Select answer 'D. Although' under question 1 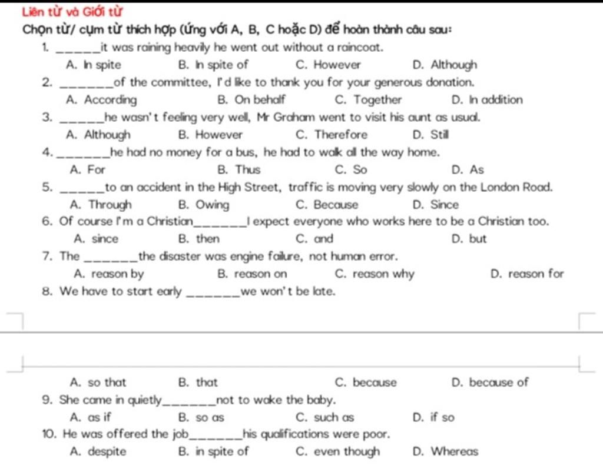point(445,65)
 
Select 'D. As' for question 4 point(468,170)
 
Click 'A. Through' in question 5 point(100,205)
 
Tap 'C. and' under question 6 point(315,239)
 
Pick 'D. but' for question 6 point(469,239)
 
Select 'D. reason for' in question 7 point(527,274)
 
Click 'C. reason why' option point(375,274)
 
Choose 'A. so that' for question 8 point(98,382)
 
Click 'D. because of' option point(490,382)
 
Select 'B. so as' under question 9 point(201,418)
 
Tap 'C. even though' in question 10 point(338,452)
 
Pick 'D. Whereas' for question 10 point(446,452)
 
